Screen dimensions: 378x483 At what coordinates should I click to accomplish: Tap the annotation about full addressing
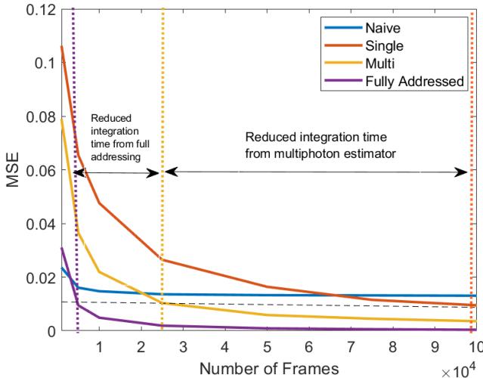click(118, 138)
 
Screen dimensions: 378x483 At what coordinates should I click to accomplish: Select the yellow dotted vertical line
click(162, 227)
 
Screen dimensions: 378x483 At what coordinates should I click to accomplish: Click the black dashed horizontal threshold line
click(227, 303)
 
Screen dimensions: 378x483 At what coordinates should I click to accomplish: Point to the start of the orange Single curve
click(61, 48)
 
